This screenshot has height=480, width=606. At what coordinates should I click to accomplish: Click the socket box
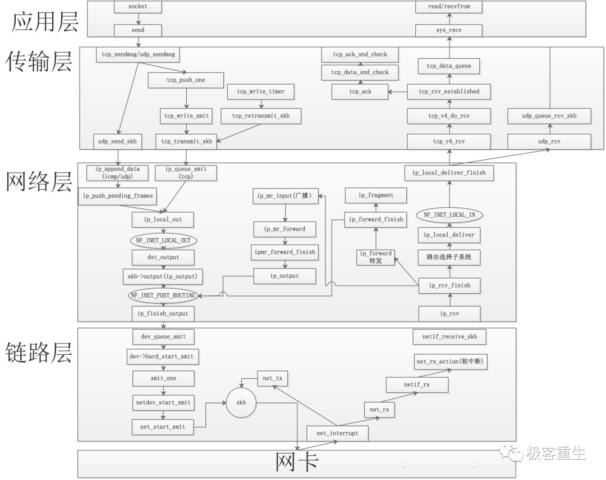[137, 7]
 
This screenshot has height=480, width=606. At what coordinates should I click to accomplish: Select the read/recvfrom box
[449, 7]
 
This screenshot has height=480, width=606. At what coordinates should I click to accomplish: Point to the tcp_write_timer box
[260, 92]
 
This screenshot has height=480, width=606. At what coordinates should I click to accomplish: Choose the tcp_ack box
[360, 92]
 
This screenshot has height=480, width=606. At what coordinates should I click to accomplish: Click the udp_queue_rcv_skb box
[549, 116]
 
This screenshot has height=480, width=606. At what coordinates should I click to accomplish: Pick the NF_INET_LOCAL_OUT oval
[164, 240]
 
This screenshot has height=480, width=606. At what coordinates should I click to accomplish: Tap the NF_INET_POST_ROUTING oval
[162, 295]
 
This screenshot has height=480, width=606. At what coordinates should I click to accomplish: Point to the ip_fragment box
[376, 195]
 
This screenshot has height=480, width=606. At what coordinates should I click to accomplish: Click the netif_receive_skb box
[449, 337]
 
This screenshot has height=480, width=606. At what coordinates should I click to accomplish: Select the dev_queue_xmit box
[163, 337]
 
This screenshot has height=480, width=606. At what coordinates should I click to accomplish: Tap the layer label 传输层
[39, 62]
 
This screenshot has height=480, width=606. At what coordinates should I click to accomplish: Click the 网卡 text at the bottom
[297, 463]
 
